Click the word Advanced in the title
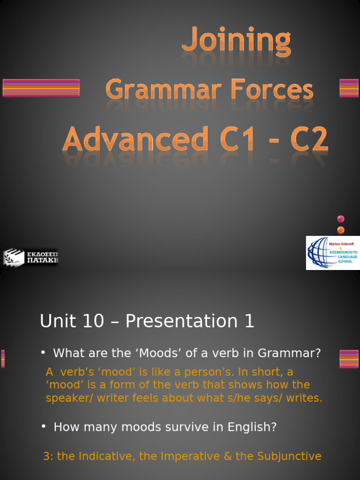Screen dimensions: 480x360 click(x=135, y=140)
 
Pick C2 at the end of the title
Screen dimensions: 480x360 click(x=308, y=140)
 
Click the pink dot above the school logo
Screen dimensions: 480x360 click(x=341, y=218)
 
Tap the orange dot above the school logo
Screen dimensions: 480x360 click(x=341, y=230)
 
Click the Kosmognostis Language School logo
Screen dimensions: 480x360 click(x=332, y=253)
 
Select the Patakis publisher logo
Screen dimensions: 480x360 click(x=30, y=257)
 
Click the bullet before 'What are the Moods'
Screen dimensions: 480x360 click(x=43, y=352)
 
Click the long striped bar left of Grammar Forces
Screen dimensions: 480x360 click(x=41, y=88)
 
